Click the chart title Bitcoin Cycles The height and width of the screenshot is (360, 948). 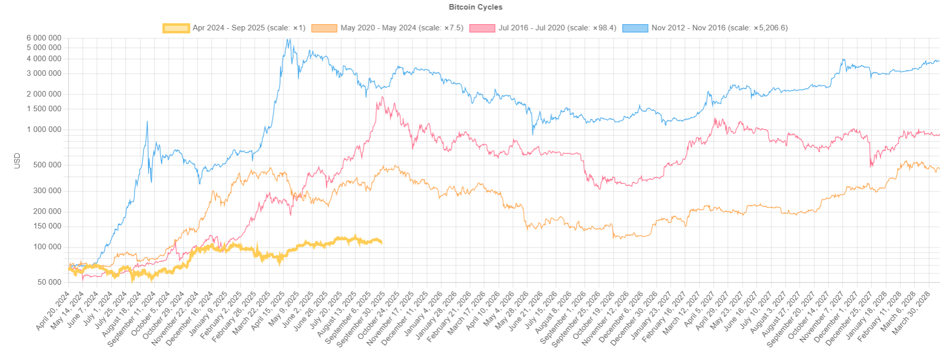pos(476,7)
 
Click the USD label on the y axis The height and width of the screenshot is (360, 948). pos(17,160)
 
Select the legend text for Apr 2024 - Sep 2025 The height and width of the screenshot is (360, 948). pos(249,28)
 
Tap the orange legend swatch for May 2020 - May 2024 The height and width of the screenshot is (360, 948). pos(324,28)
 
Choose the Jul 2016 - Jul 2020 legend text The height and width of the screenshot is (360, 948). pos(557,28)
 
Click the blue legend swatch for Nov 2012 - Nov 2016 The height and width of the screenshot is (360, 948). pos(635,28)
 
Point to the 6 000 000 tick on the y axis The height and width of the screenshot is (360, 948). pos(45,38)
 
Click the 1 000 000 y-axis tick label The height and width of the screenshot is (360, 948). pos(45,129)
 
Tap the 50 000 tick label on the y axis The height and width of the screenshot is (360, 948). pos(50,282)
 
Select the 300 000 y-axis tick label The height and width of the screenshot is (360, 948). pos(47,191)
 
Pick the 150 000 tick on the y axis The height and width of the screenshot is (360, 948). pos(47,226)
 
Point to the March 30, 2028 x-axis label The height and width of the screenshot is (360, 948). pos(911,313)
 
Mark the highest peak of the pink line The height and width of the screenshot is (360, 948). pos(383,97)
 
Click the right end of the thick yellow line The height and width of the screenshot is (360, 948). pos(381,242)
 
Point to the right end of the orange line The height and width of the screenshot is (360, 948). pos(939,169)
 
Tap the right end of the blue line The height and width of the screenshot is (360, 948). pos(939,61)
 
